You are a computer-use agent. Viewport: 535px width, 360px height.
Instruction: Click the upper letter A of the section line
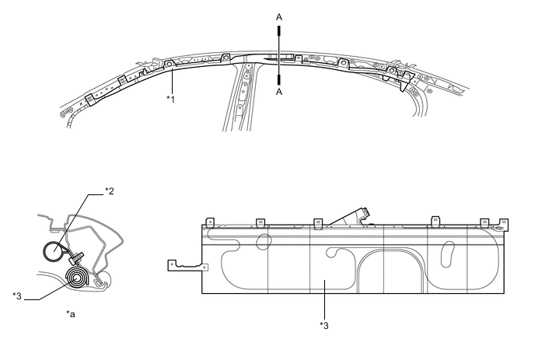(279, 16)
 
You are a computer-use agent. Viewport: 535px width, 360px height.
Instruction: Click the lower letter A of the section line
(279, 91)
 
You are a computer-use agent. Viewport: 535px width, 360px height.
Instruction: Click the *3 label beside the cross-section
(17, 296)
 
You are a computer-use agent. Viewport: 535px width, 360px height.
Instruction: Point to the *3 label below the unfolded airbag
(323, 325)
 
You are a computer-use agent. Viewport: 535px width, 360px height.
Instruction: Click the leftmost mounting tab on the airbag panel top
(208, 222)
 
